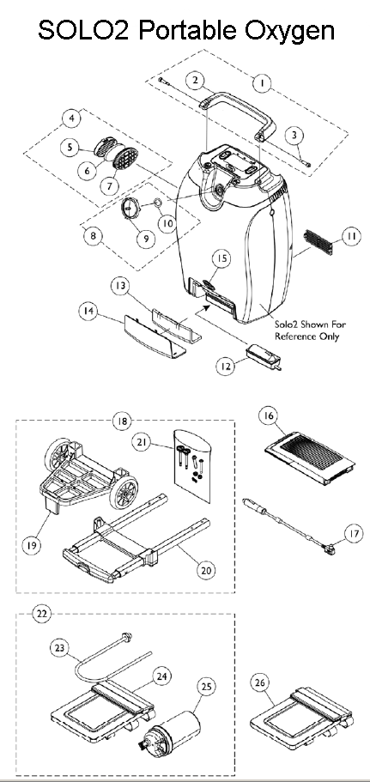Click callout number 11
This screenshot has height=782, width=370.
click(349, 234)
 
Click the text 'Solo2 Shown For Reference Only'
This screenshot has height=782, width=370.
click(306, 330)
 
